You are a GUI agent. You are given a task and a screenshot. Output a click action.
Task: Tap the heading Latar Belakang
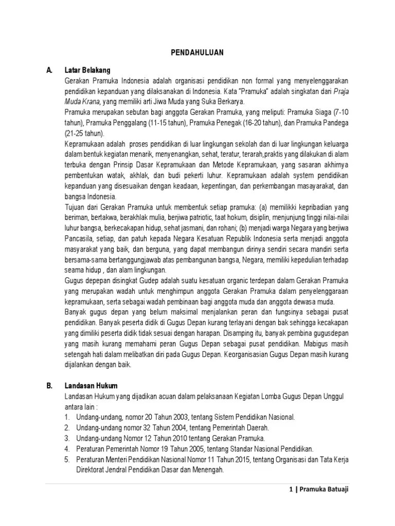87,70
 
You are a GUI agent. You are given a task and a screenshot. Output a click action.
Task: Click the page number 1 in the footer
291,490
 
